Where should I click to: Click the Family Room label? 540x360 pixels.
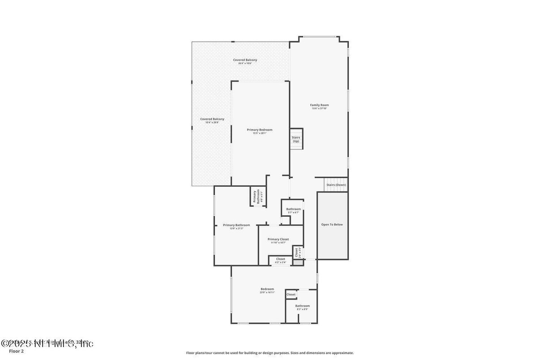pyautogui.click(x=319, y=105)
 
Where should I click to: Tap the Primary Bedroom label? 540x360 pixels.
pyautogui.click(x=259, y=130)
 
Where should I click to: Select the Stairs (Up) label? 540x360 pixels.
pyautogui.click(x=296, y=139)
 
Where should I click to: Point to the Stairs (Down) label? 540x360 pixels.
pyautogui.click(x=336, y=185)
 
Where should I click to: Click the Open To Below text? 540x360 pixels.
pyautogui.click(x=332, y=224)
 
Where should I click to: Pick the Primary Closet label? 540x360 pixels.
pyautogui.click(x=278, y=239)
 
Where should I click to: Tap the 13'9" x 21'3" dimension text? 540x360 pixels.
pyautogui.click(x=236, y=229)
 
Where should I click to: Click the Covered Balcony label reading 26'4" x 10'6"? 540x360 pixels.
pyautogui.click(x=245, y=60)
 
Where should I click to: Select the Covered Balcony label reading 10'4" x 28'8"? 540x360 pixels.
pyautogui.click(x=212, y=119)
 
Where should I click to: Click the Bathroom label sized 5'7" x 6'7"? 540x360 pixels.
pyautogui.click(x=294, y=209)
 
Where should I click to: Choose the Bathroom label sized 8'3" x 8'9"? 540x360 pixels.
pyautogui.click(x=302, y=306)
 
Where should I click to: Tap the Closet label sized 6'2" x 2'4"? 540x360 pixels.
pyautogui.click(x=280, y=259)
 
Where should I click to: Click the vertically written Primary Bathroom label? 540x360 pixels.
pyautogui.click(x=255, y=197)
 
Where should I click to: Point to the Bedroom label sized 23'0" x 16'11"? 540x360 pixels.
pyautogui.click(x=267, y=289)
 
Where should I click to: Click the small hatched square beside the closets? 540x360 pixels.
pyautogui.click(x=297, y=262)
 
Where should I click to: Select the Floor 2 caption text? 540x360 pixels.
pyautogui.click(x=16, y=351)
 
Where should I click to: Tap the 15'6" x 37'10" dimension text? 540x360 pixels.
pyautogui.click(x=319, y=108)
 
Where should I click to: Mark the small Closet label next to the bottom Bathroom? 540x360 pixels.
pyautogui.click(x=291, y=294)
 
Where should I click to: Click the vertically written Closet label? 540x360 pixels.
pyautogui.click(x=296, y=252)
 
